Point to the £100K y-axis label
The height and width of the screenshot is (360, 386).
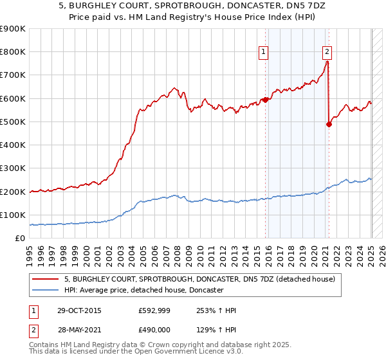point(13,215)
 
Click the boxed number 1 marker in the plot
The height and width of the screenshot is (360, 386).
point(264,53)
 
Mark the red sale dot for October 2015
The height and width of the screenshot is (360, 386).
point(265,100)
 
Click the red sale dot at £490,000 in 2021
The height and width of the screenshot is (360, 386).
point(329,124)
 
